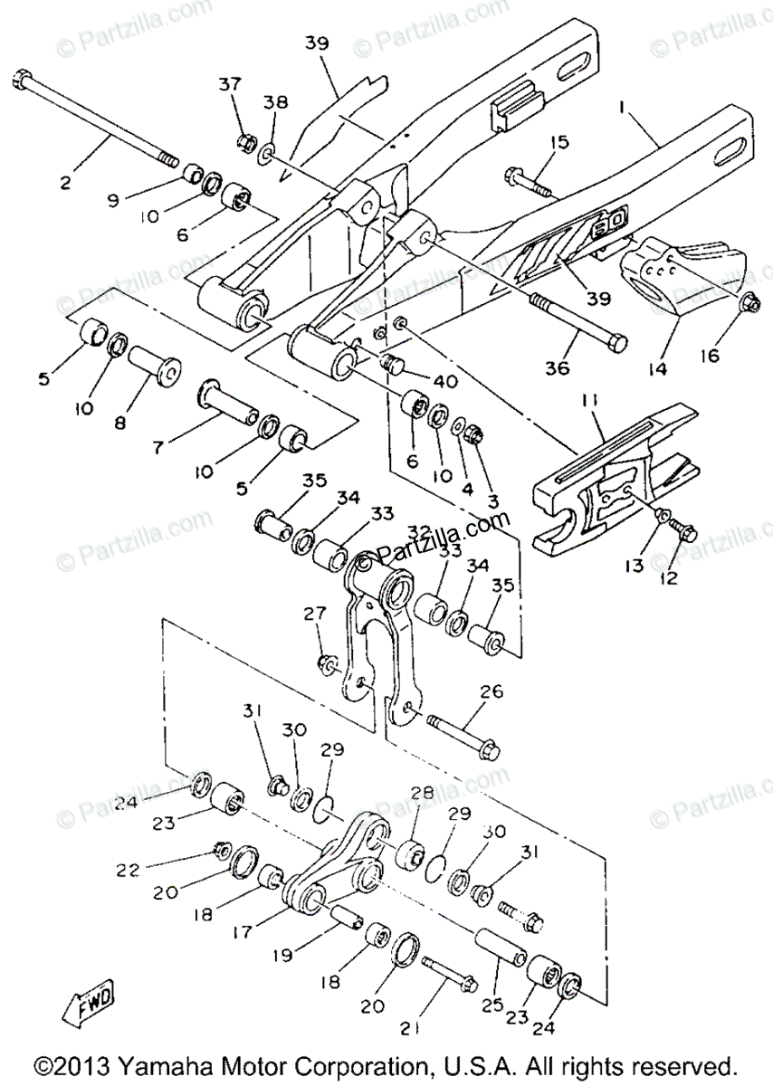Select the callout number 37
click(x=229, y=84)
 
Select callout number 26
click(x=491, y=692)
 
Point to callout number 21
click(x=412, y=1029)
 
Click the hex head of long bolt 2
click(x=21, y=80)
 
